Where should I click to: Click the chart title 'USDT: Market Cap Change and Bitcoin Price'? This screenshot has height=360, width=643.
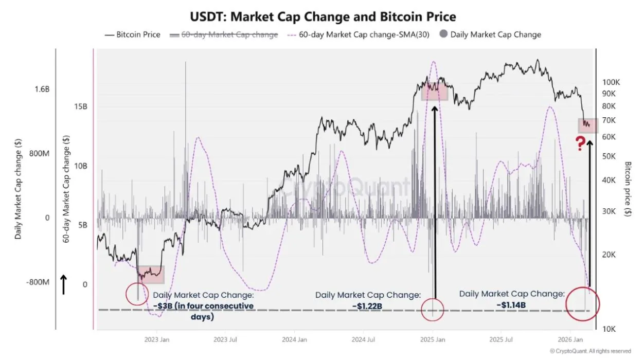323,16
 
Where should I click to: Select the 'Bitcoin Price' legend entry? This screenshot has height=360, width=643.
133,34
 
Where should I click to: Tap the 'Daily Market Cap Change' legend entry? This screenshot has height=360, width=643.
490,34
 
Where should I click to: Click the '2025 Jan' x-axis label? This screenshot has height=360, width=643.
433,339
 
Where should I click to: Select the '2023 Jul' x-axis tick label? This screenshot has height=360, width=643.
226,339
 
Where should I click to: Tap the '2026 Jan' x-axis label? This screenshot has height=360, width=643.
570,339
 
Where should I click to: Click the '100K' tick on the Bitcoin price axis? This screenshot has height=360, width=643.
612,82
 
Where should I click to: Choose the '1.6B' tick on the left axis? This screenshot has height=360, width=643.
42,89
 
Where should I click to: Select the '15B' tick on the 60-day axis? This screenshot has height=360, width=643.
80,107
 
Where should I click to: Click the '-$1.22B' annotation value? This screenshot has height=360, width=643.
367,306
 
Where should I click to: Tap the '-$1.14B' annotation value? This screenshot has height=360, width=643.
511,304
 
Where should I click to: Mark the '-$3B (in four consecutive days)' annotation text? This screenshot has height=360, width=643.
203,311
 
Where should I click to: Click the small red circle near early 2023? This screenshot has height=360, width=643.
137,294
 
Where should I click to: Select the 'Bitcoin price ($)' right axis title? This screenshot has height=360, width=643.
628,189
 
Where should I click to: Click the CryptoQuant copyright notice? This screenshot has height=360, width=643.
591,351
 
